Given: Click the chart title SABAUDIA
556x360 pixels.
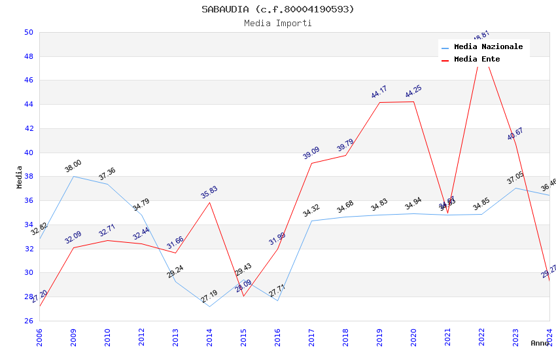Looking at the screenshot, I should pos(278,9).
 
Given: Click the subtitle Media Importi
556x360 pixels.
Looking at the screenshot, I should pos(278,23).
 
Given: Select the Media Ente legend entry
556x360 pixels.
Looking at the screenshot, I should pos(477,60).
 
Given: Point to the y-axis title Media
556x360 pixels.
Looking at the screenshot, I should pos(20,177).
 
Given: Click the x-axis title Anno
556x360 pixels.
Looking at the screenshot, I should pos(540,343).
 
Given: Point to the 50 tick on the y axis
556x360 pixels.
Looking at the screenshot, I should pos(29,32).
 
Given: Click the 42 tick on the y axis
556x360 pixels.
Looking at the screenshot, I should pos(29,128).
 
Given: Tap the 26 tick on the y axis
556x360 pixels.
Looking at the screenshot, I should pos(29,321).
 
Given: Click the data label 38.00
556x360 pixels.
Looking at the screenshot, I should pos(73,166).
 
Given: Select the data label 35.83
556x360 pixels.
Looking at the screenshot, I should pos(209,192).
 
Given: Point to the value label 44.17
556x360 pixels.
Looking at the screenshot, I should pos(379,92).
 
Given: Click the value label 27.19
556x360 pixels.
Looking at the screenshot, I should pos(209,297).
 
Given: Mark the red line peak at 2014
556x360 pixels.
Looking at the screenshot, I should pos(209,202).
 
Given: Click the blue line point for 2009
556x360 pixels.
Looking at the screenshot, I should pos(73,176).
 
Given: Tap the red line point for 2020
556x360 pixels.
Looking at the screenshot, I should pos(413,101).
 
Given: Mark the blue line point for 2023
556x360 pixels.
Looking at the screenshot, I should pos(515,188).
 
